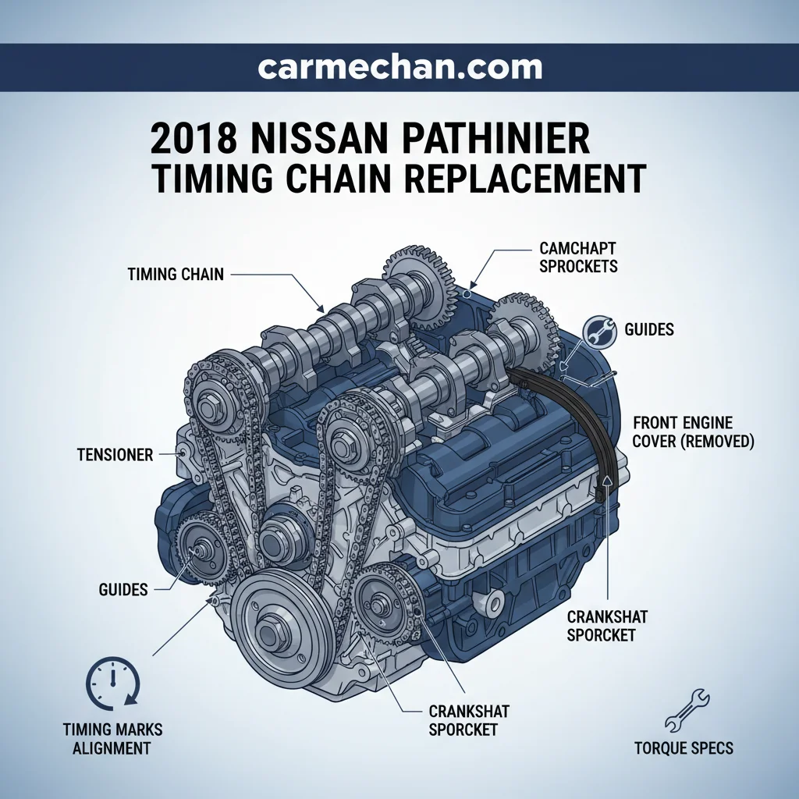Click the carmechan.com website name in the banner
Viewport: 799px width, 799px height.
400,68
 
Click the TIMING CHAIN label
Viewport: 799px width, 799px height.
176,274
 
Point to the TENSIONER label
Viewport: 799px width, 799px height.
115,455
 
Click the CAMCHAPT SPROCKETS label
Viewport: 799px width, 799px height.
578,257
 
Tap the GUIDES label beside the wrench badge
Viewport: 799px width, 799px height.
649,329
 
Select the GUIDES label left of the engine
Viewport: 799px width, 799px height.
123,590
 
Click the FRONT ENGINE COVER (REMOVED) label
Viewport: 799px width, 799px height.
693,431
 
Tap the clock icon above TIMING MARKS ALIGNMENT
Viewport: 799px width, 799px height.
112,684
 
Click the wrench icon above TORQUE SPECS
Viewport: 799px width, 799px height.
687,711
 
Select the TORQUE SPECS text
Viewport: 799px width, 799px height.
684,748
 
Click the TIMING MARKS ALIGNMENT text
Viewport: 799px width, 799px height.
112,739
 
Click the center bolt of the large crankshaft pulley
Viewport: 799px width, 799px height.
268,630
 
